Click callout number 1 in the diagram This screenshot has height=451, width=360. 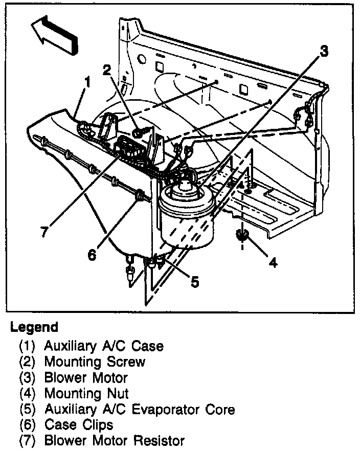click(x=87, y=81)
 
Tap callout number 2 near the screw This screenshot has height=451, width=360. click(x=106, y=70)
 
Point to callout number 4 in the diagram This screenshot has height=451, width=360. click(x=273, y=262)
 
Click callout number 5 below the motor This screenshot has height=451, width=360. click(x=194, y=282)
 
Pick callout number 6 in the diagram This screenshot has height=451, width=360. click(x=92, y=254)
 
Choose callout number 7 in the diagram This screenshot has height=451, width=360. click(x=44, y=231)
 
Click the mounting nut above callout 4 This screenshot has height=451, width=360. click(x=242, y=236)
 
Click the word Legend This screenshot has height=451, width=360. click(x=34, y=327)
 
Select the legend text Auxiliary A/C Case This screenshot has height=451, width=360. click(x=104, y=346)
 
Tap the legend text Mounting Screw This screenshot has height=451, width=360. click(x=95, y=362)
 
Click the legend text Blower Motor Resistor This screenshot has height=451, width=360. click(x=114, y=440)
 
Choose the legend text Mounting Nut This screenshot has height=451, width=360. click(x=86, y=393)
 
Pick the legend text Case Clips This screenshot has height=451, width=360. click(x=79, y=424)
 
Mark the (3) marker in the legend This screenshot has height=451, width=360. click(x=28, y=378)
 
